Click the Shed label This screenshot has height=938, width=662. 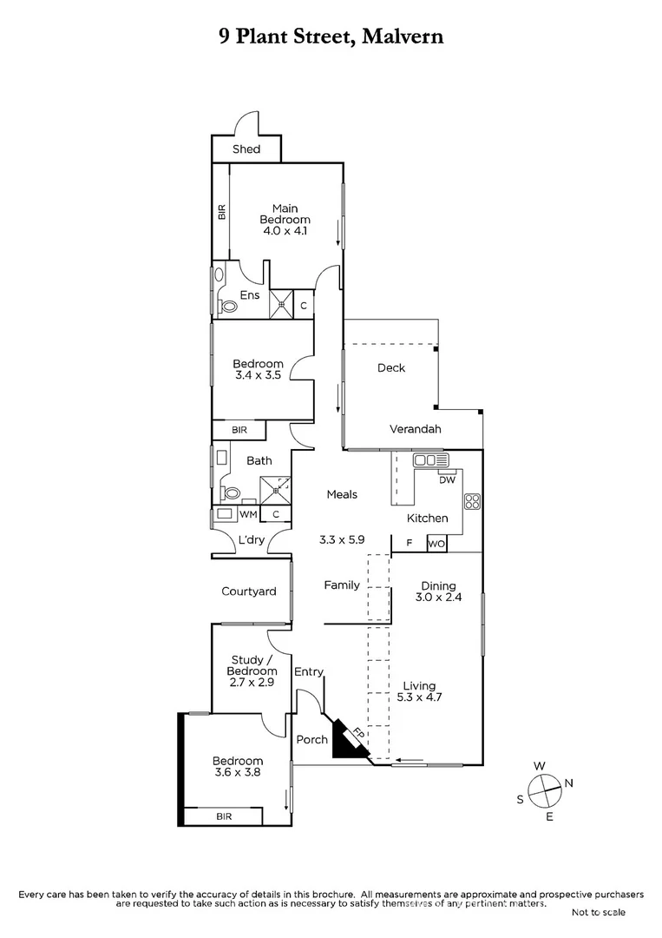tap(246, 149)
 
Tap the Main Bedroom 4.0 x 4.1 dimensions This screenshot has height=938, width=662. tap(285, 231)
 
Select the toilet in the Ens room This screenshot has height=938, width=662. tap(229, 306)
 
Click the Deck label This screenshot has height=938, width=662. tap(391, 368)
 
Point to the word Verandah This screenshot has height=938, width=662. tap(415, 429)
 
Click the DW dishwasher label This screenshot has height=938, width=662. tap(447, 479)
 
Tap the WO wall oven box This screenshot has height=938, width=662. tap(436, 545)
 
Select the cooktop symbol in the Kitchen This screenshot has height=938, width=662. tap(473, 501)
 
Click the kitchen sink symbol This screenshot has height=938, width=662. tap(429, 460)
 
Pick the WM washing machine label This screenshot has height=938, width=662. tap(247, 514)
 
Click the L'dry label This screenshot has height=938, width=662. tap(251, 540)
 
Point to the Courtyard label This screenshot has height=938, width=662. tap(248, 591)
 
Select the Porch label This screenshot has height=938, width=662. tap(311, 740)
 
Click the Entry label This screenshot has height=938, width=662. tap(308, 671)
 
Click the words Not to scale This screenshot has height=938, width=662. tap(598, 912)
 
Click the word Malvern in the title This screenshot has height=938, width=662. tap(402, 36)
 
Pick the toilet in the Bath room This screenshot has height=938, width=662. tap(232, 492)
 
